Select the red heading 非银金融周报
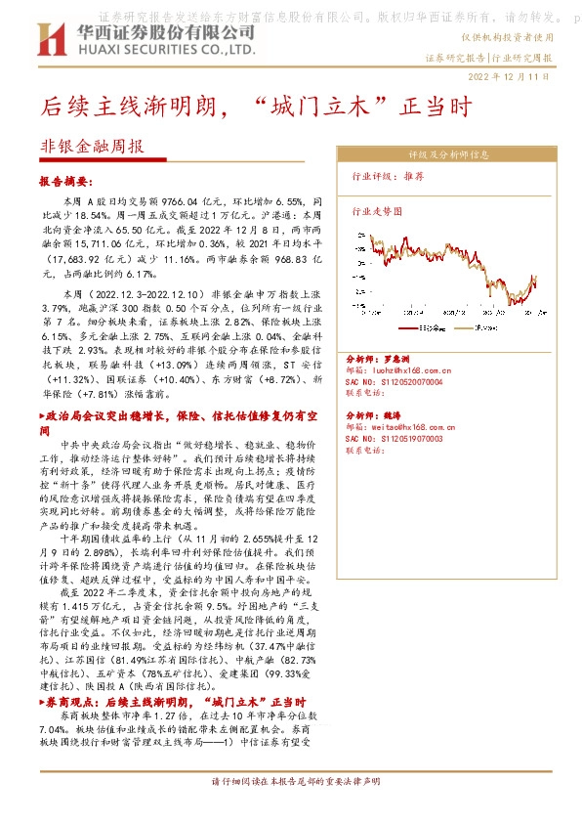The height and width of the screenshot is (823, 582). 92,146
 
